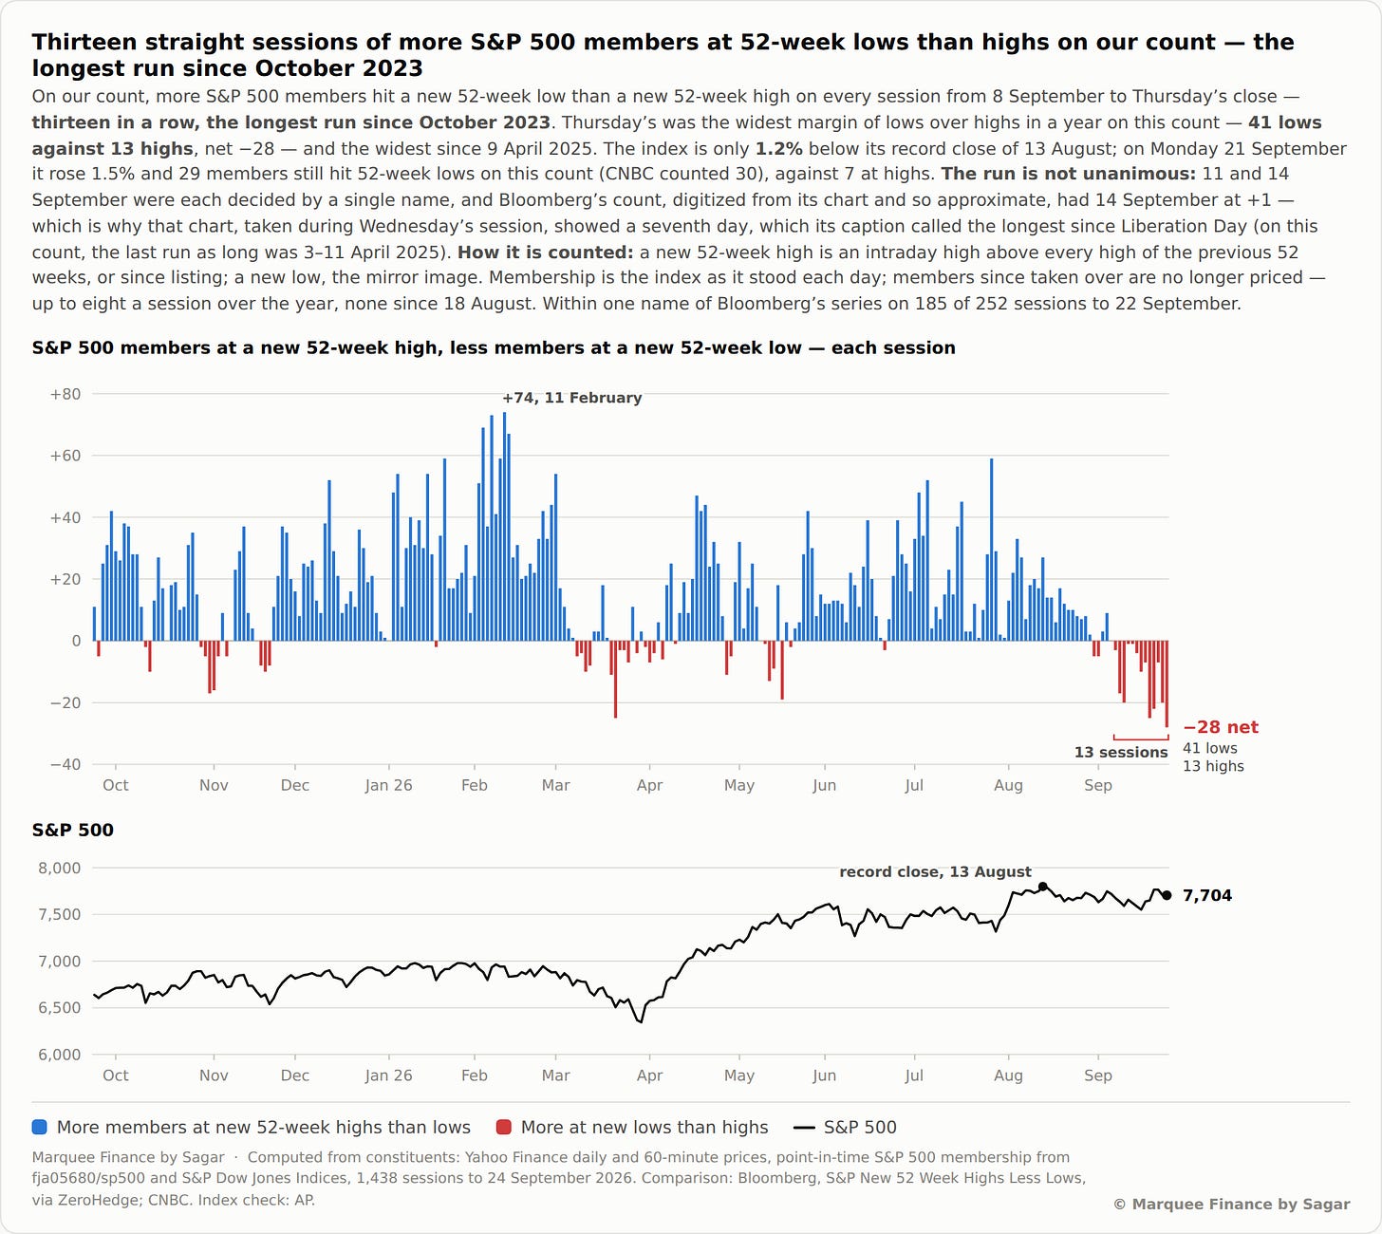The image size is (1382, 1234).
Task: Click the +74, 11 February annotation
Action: (x=571, y=398)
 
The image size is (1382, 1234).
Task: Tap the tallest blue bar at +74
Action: (x=505, y=526)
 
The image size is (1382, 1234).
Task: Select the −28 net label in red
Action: (x=1221, y=727)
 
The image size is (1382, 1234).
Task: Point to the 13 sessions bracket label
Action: (x=1121, y=753)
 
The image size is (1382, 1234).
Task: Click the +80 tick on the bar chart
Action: (x=65, y=394)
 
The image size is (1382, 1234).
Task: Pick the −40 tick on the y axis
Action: (x=65, y=764)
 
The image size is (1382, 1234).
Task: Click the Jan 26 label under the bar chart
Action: (x=388, y=785)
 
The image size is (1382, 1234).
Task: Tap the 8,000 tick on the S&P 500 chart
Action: (x=60, y=869)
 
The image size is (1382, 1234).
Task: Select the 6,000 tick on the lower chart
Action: (x=60, y=1055)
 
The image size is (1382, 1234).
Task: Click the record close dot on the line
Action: (x=1042, y=887)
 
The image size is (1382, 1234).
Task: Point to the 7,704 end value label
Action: (x=1206, y=896)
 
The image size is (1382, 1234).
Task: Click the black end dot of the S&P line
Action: (x=1167, y=896)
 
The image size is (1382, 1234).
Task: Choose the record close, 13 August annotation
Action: (x=935, y=871)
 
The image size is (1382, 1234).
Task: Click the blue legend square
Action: (x=40, y=1127)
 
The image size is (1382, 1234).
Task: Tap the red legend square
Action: (x=503, y=1127)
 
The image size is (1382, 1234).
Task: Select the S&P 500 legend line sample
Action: (x=804, y=1128)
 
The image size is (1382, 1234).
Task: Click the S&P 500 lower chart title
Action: (x=73, y=831)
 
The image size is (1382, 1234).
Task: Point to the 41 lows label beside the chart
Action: (x=1209, y=748)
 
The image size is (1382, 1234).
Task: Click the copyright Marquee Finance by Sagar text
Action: (x=1231, y=1204)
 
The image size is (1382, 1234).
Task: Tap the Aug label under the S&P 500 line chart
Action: (x=1008, y=1075)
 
